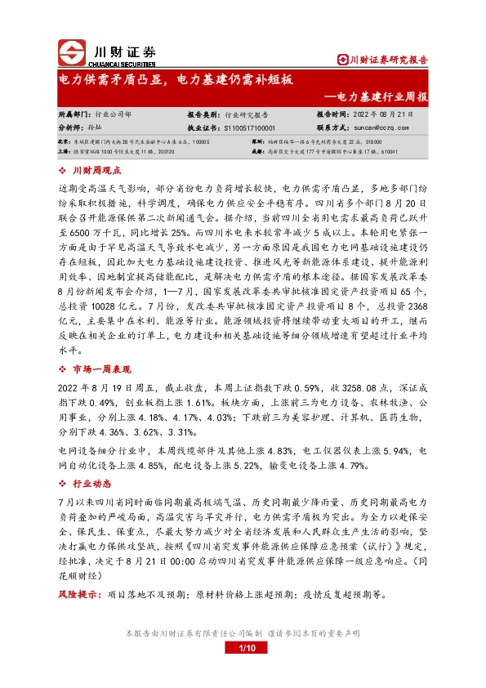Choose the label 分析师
point(72,128)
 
